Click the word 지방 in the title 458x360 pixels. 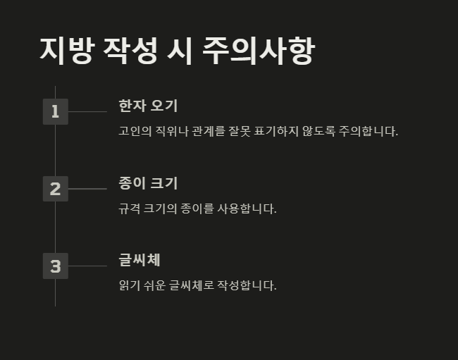(x=66, y=50)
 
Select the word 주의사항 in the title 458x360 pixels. (x=257, y=50)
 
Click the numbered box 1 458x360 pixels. (x=55, y=111)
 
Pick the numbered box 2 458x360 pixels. (x=55, y=189)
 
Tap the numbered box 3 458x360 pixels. (x=55, y=266)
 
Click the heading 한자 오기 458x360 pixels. (x=148, y=106)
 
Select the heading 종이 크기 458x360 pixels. (x=148, y=183)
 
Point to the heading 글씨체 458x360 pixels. (x=140, y=260)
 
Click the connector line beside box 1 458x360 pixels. (x=87, y=111)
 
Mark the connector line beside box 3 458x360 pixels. (x=87, y=266)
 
